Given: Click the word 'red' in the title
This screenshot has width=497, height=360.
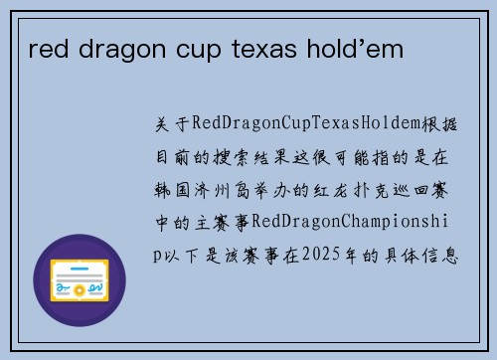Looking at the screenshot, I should (x=46, y=48).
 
